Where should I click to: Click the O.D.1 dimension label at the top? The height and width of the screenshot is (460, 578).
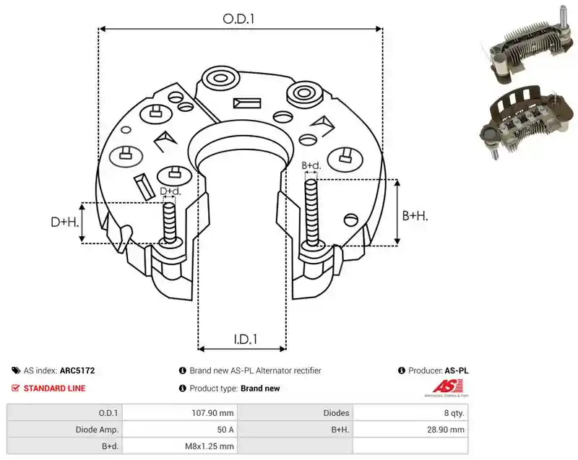pyautogui.click(x=239, y=19)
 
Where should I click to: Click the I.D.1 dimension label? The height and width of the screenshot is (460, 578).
pyautogui.click(x=246, y=339)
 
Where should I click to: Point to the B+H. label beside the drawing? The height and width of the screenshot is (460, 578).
pyautogui.click(x=415, y=215)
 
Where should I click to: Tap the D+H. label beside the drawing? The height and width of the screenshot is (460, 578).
pyautogui.click(x=65, y=222)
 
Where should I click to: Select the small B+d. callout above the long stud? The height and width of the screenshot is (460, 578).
pyautogui.click(x=311, y=165)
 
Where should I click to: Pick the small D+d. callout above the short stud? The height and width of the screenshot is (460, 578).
pyautogui.click(x=171, y=191)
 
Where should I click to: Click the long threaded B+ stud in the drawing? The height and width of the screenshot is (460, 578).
pyautogui.click(x=312, y=213)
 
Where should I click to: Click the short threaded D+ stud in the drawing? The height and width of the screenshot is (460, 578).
pyautogui.click(x=170, y=223)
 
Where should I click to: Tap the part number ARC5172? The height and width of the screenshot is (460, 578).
pyautogui.click(x=77, y=370)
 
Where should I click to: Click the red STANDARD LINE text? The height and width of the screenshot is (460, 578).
pyautogui.click(x=55, y=389)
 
